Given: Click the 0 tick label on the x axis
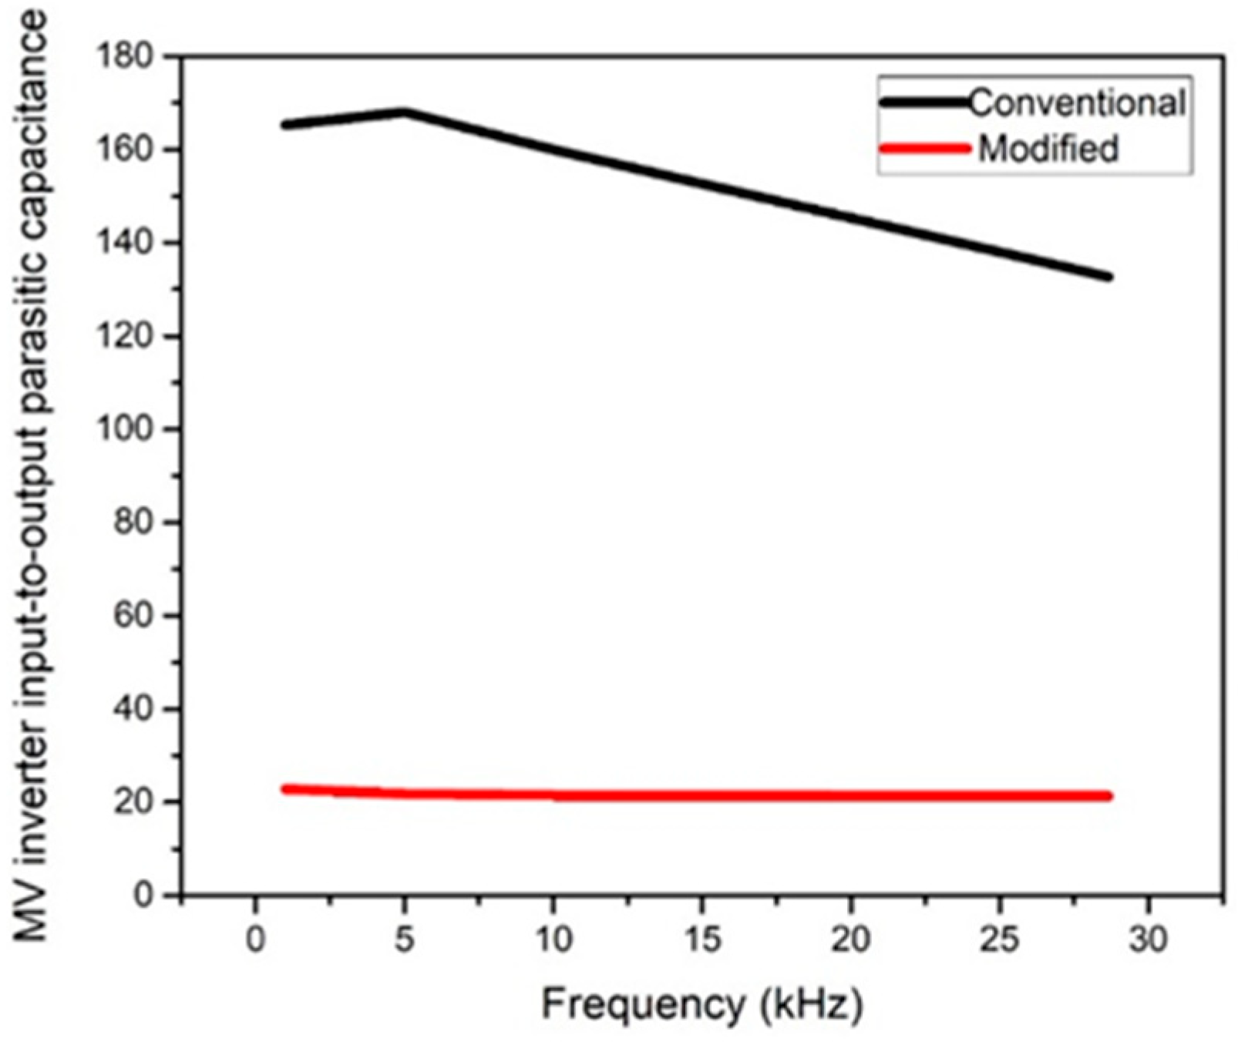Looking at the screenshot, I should tap(255, 940).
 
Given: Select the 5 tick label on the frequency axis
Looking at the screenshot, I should tap(404, 940).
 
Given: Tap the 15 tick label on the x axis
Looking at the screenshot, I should tap(702, 940).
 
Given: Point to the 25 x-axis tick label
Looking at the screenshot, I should tap(1000, 940).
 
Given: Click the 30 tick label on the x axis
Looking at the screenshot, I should tap(1149, 940).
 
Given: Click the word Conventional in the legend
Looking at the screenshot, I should tap(1077, 103).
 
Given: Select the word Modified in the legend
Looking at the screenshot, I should tap(1048, 148).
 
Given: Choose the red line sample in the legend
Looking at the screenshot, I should tap(925, 148).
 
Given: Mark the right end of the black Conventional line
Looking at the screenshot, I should tap(1108, 277).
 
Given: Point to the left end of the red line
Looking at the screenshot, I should tap(285, 788).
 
